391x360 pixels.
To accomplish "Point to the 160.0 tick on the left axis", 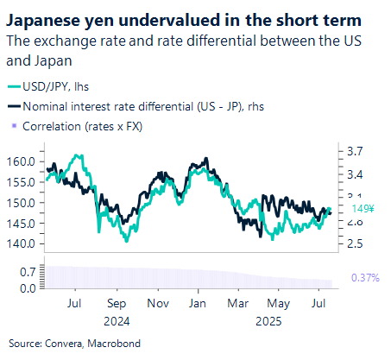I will pos(21,161).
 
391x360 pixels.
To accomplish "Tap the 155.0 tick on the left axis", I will pos(21,182).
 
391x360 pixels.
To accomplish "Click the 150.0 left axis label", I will pos(21,203).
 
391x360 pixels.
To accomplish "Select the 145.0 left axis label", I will pos(21,223).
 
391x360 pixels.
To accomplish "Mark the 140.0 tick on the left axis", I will pos(21,243).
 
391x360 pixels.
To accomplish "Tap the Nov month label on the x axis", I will pos(158,304).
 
